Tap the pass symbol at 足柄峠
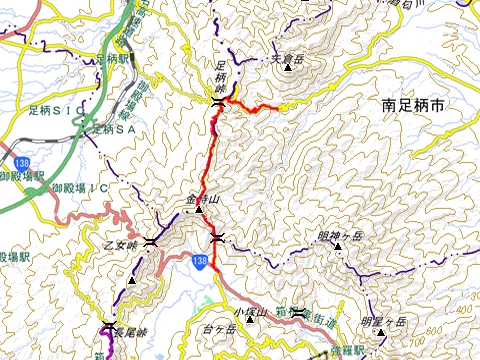tap(219, 101)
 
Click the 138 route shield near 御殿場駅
tap(22, 162)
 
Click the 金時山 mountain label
tap(201, 200)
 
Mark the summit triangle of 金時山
tap(199, 210)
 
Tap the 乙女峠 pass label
tap(118, 244)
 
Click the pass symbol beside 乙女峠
tap(149, 241)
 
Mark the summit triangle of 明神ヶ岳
tap(338, 245)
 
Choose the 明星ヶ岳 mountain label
tap(384, 321)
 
